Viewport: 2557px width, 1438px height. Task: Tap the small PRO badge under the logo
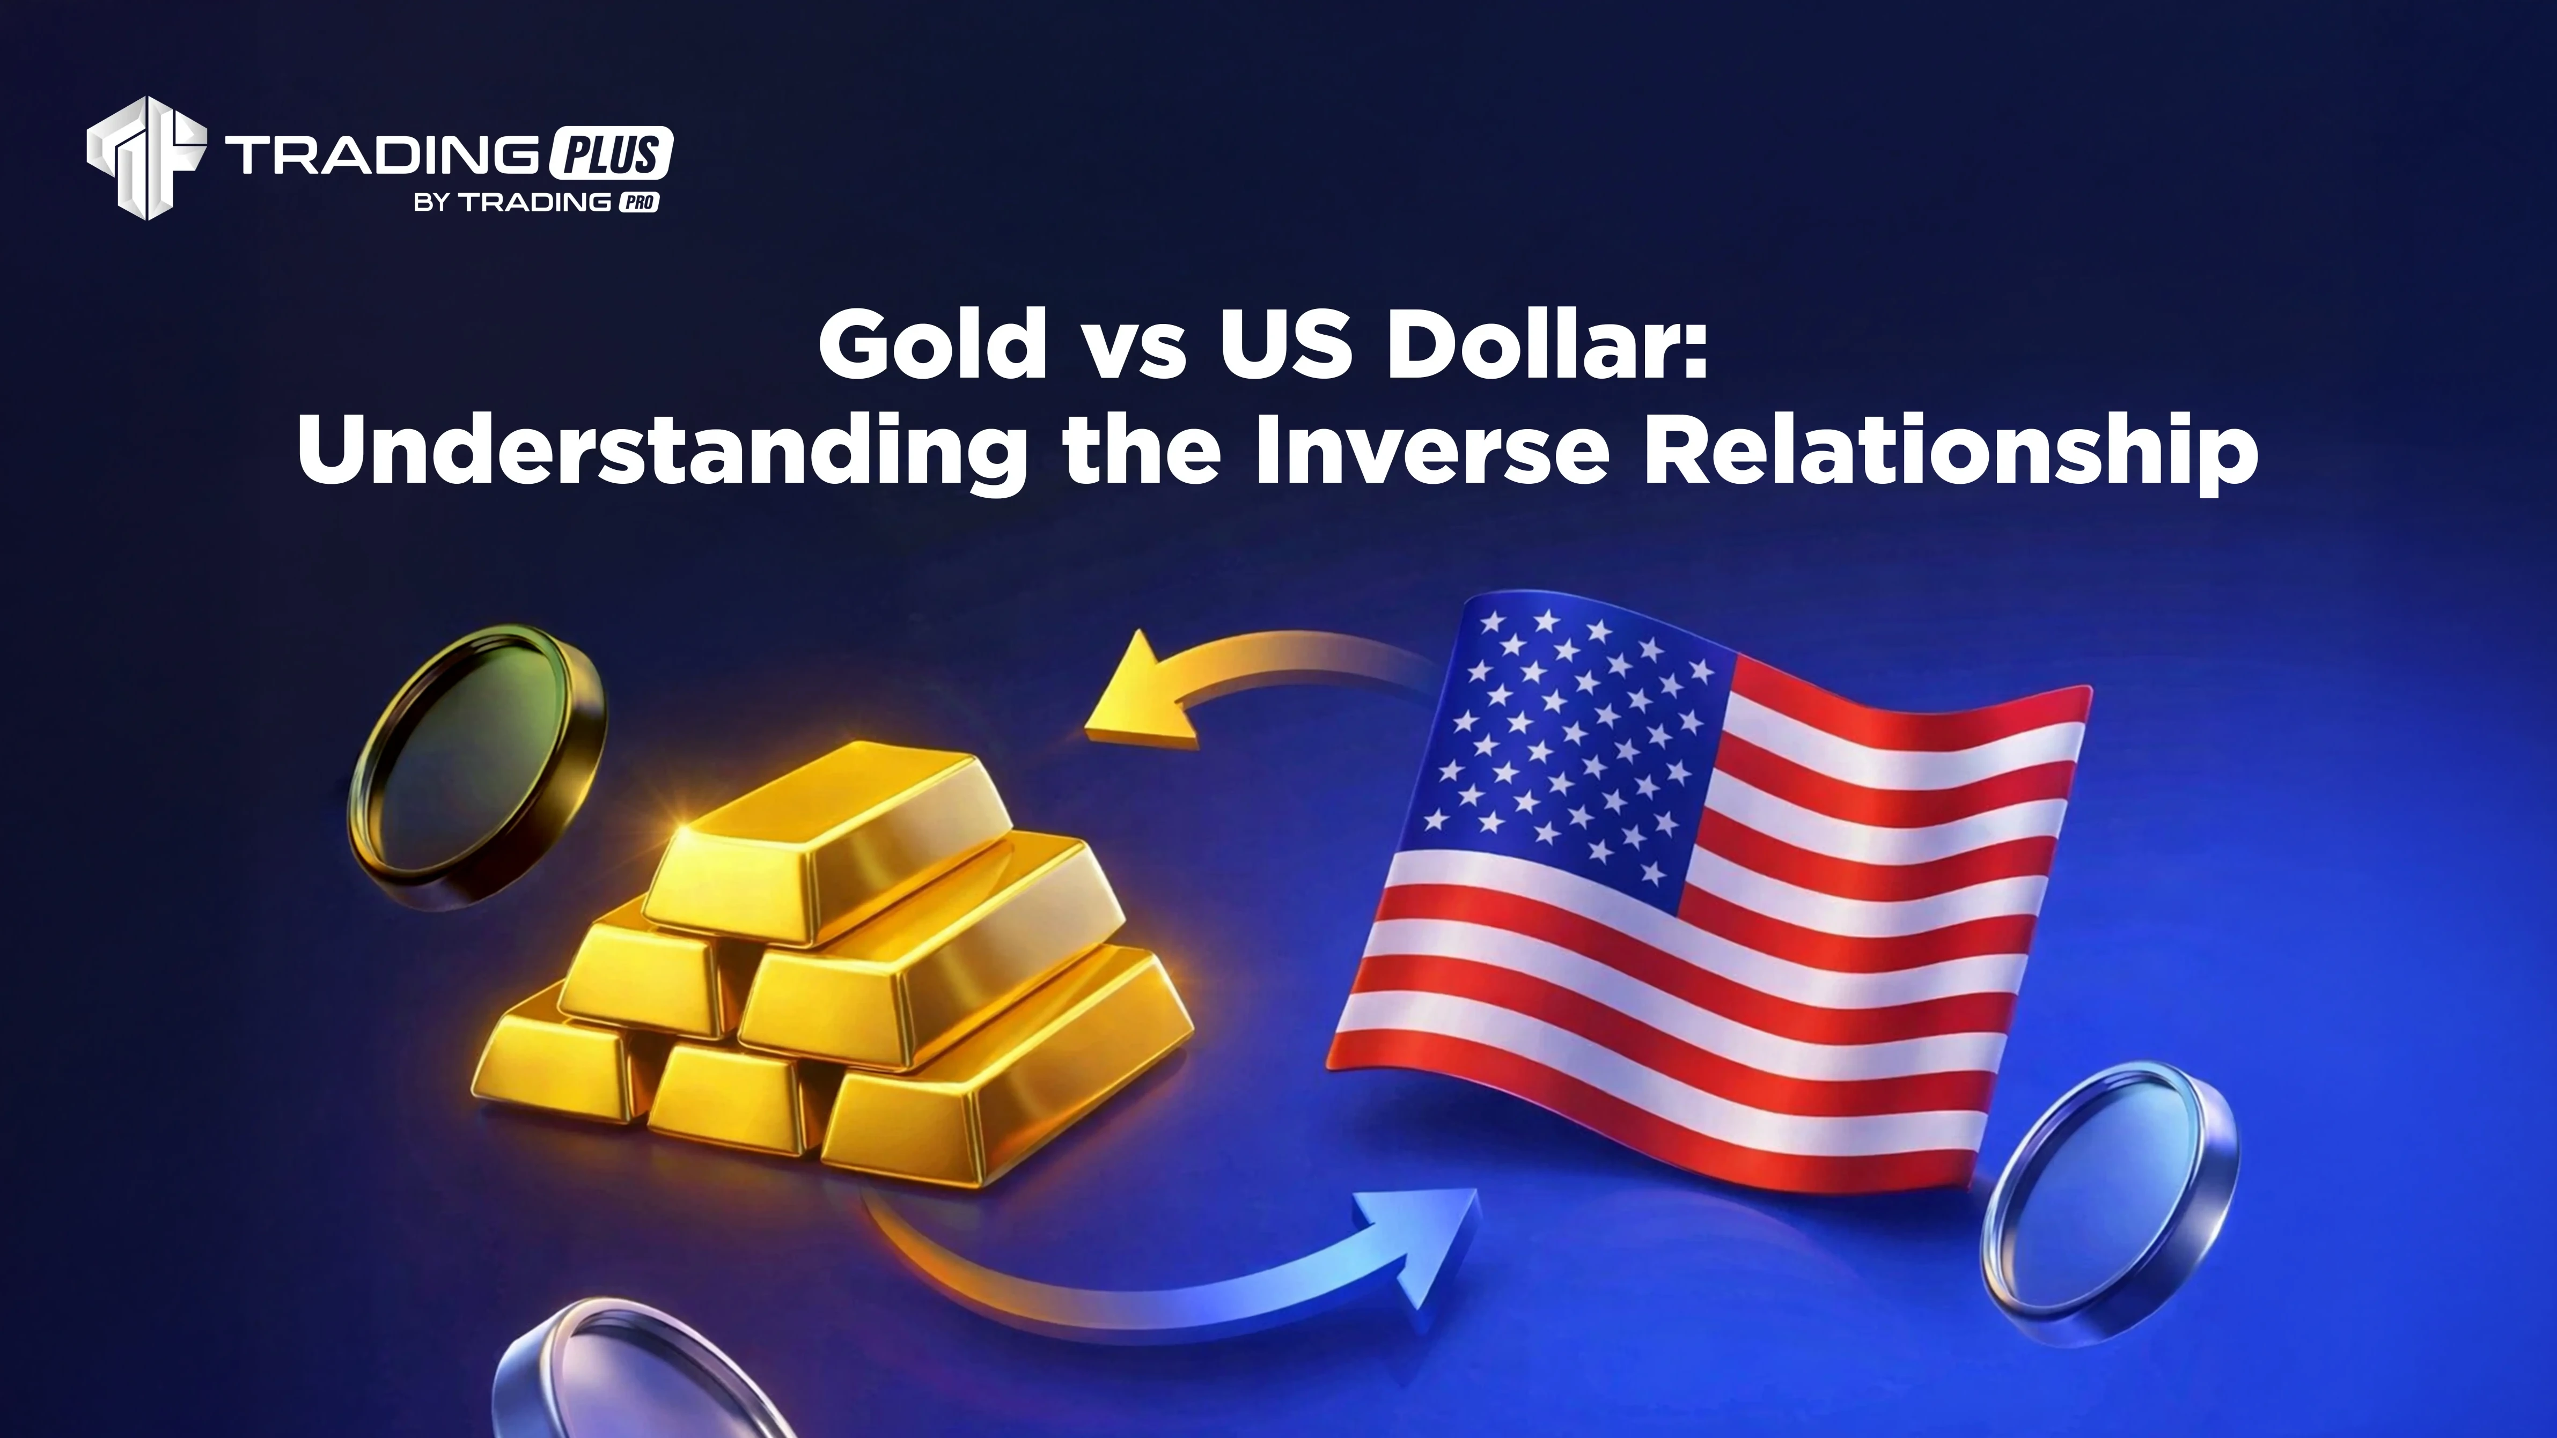pyautogui.click(x=640, y=202)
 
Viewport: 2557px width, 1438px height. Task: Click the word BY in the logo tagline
pyautogui.click(x=435, y=203)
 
